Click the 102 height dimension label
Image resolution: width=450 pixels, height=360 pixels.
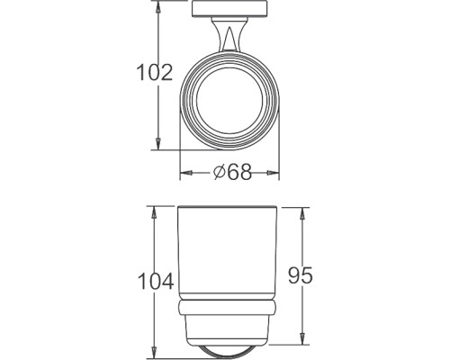pyautogui.click(x=154, y=73)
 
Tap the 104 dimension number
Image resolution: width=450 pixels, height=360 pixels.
pyautogui.click(x=154, y=282)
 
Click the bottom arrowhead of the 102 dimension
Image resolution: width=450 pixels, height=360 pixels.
pyautogui.click(x=158, y=146)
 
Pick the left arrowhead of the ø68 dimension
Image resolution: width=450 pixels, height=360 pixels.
pyautogui.click(x=184, y=172)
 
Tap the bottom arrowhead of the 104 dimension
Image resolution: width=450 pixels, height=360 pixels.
pyautogui.click(x=154, y=349)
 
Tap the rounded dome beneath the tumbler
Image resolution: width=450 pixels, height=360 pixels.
pyautogui.click(x=232, y=343)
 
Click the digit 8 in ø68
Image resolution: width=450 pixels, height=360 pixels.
pyautogui.click(x=245, y=172)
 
